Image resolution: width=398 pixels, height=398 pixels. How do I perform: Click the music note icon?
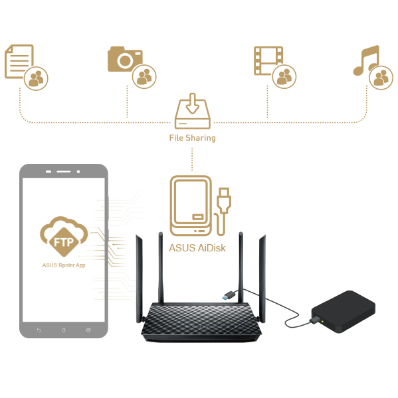365,60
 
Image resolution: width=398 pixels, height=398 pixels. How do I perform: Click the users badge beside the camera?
144,76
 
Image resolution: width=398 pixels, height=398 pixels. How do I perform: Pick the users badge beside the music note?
381,78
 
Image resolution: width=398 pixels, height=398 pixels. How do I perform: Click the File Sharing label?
192,138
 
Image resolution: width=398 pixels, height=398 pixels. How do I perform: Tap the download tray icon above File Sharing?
193,111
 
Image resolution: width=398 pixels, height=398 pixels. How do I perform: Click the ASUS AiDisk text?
197,248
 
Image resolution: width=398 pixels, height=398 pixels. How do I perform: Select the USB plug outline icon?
223,212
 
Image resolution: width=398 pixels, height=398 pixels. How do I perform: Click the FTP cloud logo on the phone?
64,237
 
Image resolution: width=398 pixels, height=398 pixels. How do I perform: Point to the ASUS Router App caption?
64,265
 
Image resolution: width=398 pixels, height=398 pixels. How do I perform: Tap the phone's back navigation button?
39,330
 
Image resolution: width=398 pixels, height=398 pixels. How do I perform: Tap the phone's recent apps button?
88,330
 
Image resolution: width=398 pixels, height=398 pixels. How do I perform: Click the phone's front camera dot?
78,172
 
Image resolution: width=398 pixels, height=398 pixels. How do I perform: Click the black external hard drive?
344,312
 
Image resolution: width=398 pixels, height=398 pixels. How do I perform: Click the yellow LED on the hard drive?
322,322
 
